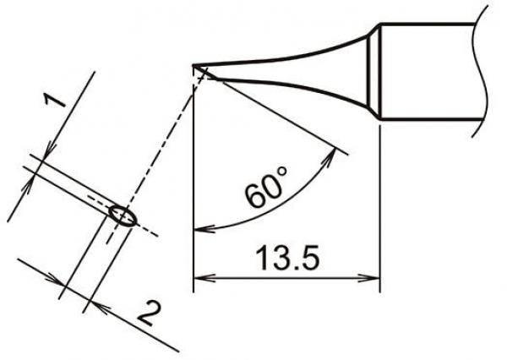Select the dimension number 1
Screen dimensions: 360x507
[55, 104]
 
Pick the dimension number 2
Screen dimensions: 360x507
[146, 316]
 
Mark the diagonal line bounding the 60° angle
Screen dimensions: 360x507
[279, 113]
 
